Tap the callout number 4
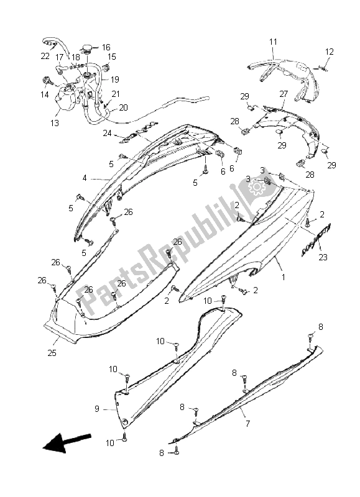pyautogui.click(x=85, y=178)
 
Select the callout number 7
pyautogui.click(x=247, y=423)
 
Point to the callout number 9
pyautogui.click(x=97, y=409)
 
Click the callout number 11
pyautogui.click(x=273, y=42)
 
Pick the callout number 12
pyautogui.click(x=330, y=52)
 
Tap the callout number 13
pyautogui.click(x=55, y=122)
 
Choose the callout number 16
pyautogui.click(x=106, y=47)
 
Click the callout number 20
pyautogui.click(x=123, y=107)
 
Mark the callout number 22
pyautogui.click(x=45, y=56)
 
